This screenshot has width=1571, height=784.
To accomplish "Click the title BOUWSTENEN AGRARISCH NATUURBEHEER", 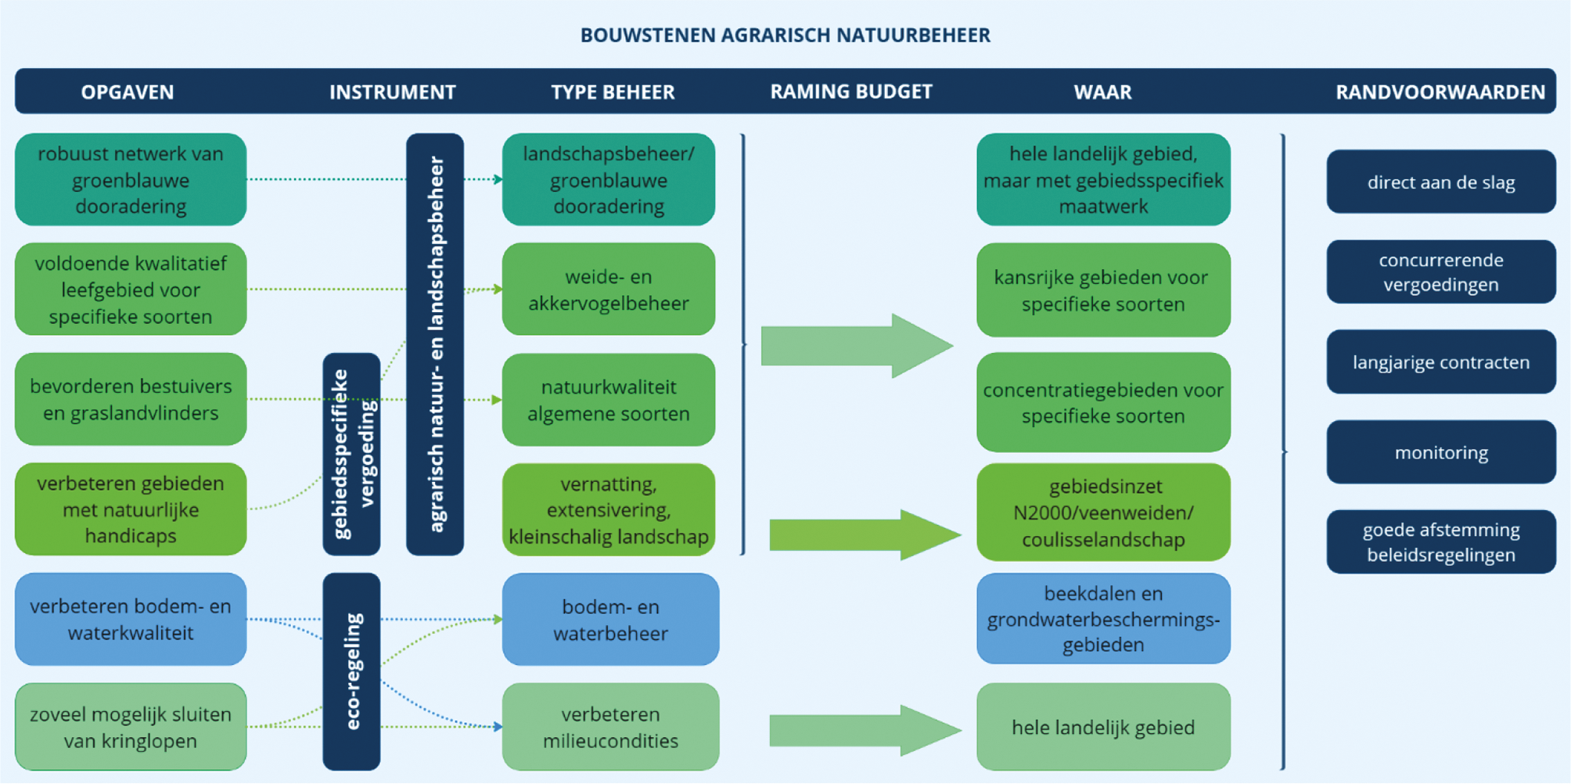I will pos(785,35).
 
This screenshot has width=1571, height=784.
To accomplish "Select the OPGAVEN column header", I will pos(128,92).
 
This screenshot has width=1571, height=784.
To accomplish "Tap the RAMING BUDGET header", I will pos(851,92).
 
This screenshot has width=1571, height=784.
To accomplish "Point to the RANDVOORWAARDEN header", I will pos(1440,92).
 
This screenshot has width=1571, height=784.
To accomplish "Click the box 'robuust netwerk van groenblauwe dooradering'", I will pos(131,180).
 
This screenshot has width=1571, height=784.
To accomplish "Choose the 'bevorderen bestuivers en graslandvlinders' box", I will pos(131,399).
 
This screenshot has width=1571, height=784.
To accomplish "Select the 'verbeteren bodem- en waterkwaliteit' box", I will pos(131,619).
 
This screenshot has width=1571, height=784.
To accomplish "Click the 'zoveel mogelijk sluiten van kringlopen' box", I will pos(131,727).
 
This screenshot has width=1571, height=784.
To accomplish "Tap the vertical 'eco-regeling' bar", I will pos(352,671).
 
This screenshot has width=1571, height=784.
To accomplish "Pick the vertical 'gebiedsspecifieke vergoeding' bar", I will pos(352,455).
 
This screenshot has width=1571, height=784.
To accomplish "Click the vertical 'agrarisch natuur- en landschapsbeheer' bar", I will pos(435,344).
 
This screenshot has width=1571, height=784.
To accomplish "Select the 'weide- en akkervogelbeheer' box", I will pos(609,290).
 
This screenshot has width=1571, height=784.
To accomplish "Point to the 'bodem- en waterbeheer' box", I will pos(610,619).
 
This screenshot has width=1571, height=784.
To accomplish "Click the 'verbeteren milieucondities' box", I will pos(610,727).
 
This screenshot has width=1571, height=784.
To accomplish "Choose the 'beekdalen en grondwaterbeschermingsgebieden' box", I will pos(1103,619).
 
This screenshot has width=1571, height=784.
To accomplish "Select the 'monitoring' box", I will pos(1441,452).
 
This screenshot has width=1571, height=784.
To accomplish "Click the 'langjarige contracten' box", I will pos(1441,362).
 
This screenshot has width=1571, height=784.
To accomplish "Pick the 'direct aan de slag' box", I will pos(1441,182).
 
